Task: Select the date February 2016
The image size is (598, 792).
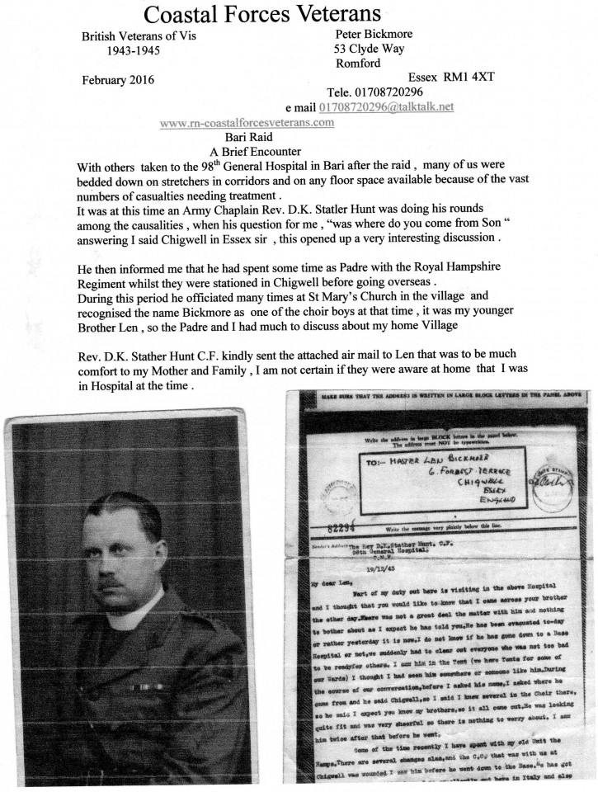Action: point(118,79)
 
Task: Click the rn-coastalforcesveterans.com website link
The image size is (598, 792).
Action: point(247,122)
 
